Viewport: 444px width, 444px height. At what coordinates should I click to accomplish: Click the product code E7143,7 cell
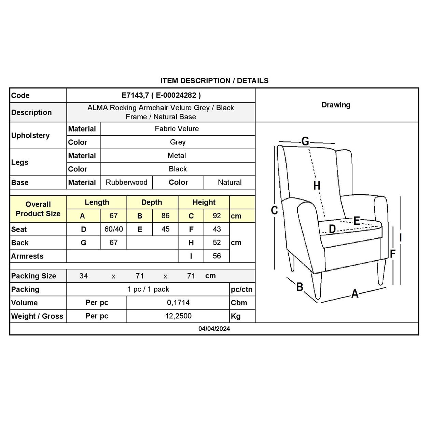(161, 96)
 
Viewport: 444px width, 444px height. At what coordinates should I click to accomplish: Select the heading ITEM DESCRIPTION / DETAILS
(214, 81)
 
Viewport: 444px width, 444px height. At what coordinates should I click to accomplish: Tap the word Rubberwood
(126, 182)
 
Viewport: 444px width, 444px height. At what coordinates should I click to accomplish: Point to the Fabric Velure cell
(177, 129)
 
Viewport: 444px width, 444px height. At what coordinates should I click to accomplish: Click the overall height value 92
(217, 216)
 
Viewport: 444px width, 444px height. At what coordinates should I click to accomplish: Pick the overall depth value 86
(165, 216)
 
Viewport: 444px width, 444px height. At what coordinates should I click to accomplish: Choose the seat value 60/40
(113, 229)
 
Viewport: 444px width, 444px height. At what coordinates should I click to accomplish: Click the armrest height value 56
(217, 256)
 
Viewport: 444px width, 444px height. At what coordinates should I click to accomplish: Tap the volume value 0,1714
(178, 303)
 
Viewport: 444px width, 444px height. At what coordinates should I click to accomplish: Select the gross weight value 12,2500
(178, 316)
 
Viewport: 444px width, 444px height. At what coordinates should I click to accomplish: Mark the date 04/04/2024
(214, 329)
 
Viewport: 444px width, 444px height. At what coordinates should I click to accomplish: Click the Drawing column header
(336, 105)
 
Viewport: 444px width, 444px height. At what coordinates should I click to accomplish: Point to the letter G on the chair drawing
(305, 141)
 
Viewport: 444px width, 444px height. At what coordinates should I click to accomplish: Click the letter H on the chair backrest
(317, 186)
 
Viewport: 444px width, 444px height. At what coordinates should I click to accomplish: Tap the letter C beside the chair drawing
(274, 210)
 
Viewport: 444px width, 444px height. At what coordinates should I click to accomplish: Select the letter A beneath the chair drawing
(355, 294)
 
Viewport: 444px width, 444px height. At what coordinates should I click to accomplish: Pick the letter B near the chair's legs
(300, 287)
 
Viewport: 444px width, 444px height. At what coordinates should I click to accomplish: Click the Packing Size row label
(33, 276)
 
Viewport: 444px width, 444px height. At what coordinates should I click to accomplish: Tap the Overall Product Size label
(38, 209)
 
